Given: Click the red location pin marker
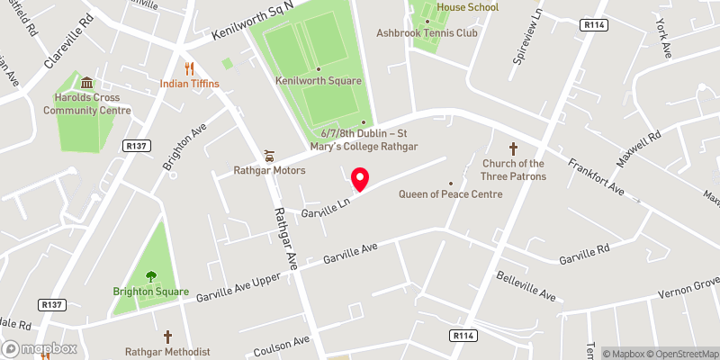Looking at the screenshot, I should tap(360, 179).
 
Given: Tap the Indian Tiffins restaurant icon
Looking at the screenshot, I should tap(189, 68).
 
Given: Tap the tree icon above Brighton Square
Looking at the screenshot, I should tap(150, 276).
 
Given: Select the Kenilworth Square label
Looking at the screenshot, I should tap(319, 81).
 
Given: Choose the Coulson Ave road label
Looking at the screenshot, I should tap(282, 343).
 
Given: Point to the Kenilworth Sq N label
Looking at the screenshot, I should tap(260, 21).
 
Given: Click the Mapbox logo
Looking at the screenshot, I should tap(39, 348).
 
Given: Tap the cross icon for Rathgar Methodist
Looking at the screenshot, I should tap(167, 335).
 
